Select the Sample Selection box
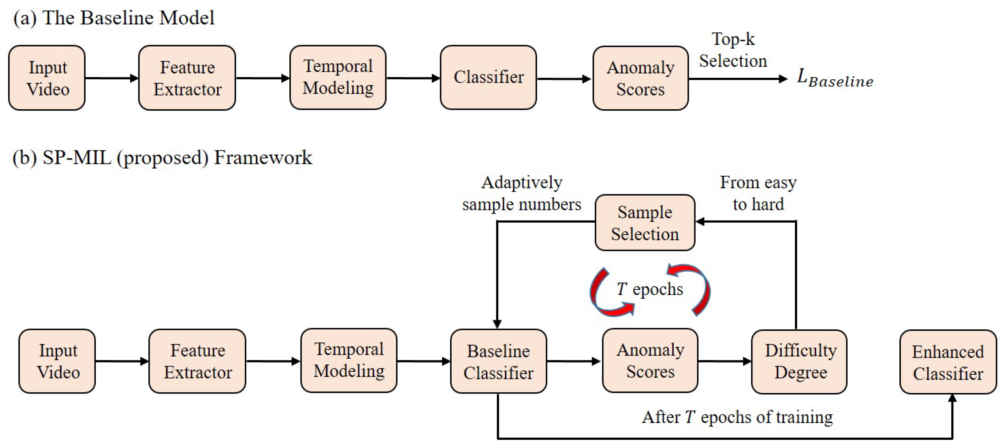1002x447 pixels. click(645, 223)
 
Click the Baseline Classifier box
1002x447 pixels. click(498, 361)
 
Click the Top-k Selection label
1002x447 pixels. click(733, 50)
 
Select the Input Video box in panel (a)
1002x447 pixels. click(47, 78)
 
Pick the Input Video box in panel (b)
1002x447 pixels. click(57, 361)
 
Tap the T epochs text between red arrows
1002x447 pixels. click(650, 289)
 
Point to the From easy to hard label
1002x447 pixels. click(758, 194)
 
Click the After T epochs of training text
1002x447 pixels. click(737, 417)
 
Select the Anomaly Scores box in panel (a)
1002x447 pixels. click(640, 78)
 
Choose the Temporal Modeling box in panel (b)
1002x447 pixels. click(349, 361)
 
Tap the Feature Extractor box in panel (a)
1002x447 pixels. click(187, 78)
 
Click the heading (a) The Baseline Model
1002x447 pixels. click(114, 18)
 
